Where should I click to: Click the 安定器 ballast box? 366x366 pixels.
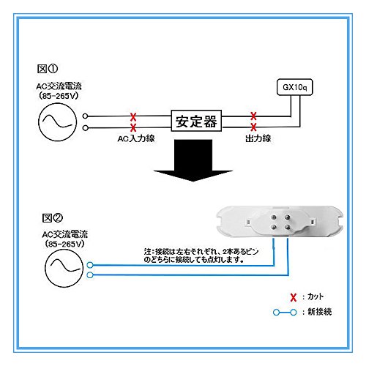pos(196,121)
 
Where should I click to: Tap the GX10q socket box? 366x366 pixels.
pos(295,87)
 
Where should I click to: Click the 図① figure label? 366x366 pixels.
pos(48,69)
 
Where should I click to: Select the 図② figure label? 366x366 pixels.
pos(53,217)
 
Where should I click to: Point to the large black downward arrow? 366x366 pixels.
pos(193,160)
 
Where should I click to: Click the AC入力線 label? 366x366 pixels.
pos(136,138)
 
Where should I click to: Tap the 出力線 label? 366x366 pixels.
pos(258,138)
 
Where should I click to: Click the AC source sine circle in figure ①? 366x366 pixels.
pos(57,122)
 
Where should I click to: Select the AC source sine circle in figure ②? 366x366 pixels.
pos(64,268)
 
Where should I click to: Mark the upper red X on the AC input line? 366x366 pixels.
pos(133,116)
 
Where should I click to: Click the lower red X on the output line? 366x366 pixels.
pos(253,127)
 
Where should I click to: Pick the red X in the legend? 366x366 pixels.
pos(293,297)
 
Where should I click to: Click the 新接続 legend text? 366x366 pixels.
pos(320,312)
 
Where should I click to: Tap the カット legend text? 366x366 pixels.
pos(315,296)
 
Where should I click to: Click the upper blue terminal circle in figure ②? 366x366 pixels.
pos(90,265)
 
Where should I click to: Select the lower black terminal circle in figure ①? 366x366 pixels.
pos(85,128)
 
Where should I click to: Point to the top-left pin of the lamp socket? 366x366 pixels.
pos(274,217)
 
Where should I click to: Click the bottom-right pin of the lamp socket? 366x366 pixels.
pos(287,228)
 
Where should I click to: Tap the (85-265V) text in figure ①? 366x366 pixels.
pos(59,96)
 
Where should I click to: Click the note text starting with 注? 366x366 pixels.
pos(201,255)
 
